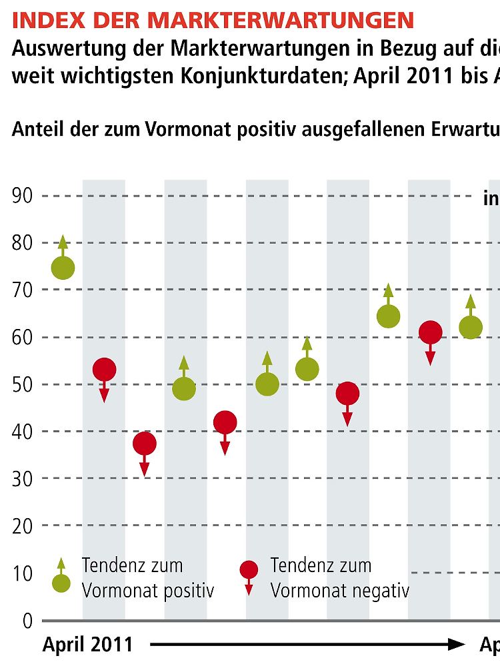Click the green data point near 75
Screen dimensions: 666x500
[x=63, y=268]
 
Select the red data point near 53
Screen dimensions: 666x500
[x=104, y=369]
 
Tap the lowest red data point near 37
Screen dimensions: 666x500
[x=145, y=444]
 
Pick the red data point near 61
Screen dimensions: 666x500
[x=431, y=332]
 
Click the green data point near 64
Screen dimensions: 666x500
[x=388, y=316]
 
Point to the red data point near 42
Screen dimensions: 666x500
[x=225, y=422]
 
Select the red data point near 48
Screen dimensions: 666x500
[x=347, y=394]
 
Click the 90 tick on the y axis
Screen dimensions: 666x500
[x=23, y=196]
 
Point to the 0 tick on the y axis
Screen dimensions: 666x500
[x=27, y=621]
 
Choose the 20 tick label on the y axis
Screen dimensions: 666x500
[x=23, y=527]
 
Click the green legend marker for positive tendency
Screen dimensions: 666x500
[x=61, y=583]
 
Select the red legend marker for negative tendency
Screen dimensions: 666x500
[x=249, y=570]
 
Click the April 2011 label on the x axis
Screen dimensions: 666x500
[x=87, y=645]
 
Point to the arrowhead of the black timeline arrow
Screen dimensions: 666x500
[x=457, y=644]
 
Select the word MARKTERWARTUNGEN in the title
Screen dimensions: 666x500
[x=281, y=20]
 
